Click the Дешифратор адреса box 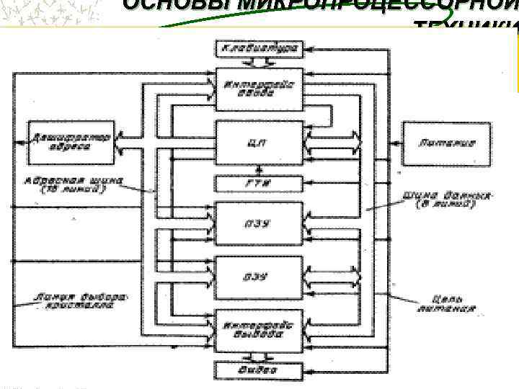click(71, 141)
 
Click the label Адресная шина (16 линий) click(72, 185)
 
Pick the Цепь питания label click(448, 303)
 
